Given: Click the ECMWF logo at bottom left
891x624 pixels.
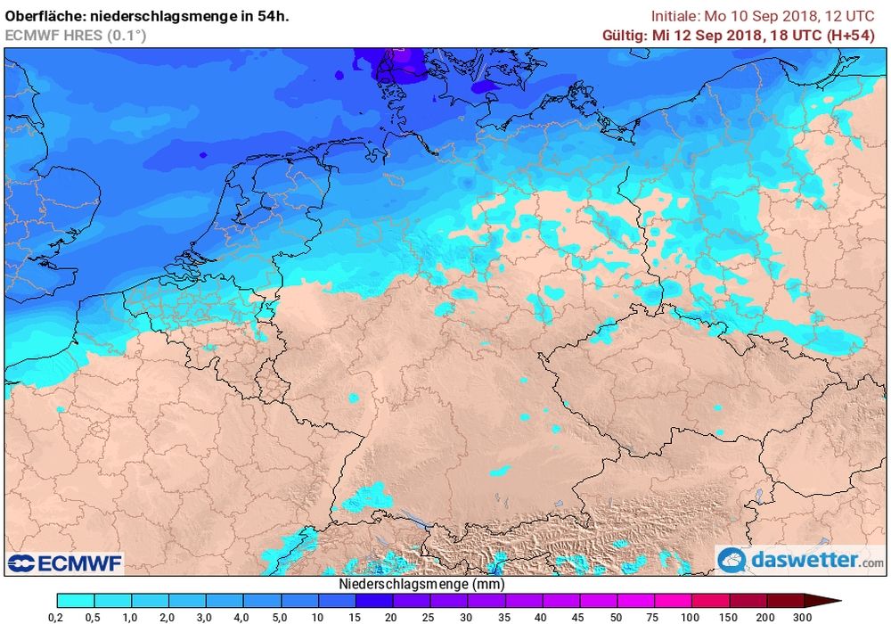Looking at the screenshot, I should click(x=64, y=562).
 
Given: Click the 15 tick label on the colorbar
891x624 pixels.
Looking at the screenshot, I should click(x=356, y=616).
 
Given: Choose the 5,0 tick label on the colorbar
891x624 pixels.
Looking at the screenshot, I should click(x=281, y=616).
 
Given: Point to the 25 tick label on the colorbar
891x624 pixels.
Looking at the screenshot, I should click(x=430, y=616).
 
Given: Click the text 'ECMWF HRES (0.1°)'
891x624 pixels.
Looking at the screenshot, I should click(x=76, y=35).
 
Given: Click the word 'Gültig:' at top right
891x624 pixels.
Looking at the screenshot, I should click(x=626, y=35).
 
